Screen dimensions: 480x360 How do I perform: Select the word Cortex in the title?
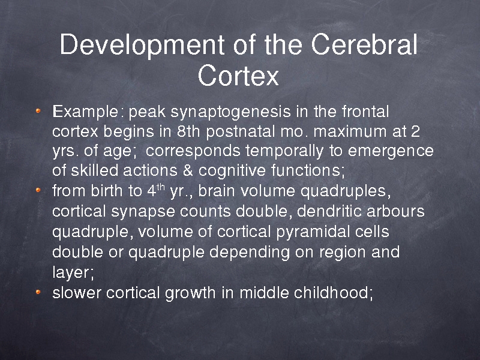pos(238,75)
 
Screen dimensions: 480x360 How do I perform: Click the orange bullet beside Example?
pos(38,111)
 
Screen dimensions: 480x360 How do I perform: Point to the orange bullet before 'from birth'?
pos(38,190)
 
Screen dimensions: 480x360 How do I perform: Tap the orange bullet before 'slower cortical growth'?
pos(38,292)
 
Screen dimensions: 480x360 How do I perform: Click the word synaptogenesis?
pos(230,112)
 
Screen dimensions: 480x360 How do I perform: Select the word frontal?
pos(365,111)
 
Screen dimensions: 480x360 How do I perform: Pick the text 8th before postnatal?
pos(188,131)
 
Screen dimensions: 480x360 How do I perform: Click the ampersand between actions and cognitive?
pos(188,170)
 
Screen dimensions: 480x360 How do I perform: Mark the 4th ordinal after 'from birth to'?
pos(156,190)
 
